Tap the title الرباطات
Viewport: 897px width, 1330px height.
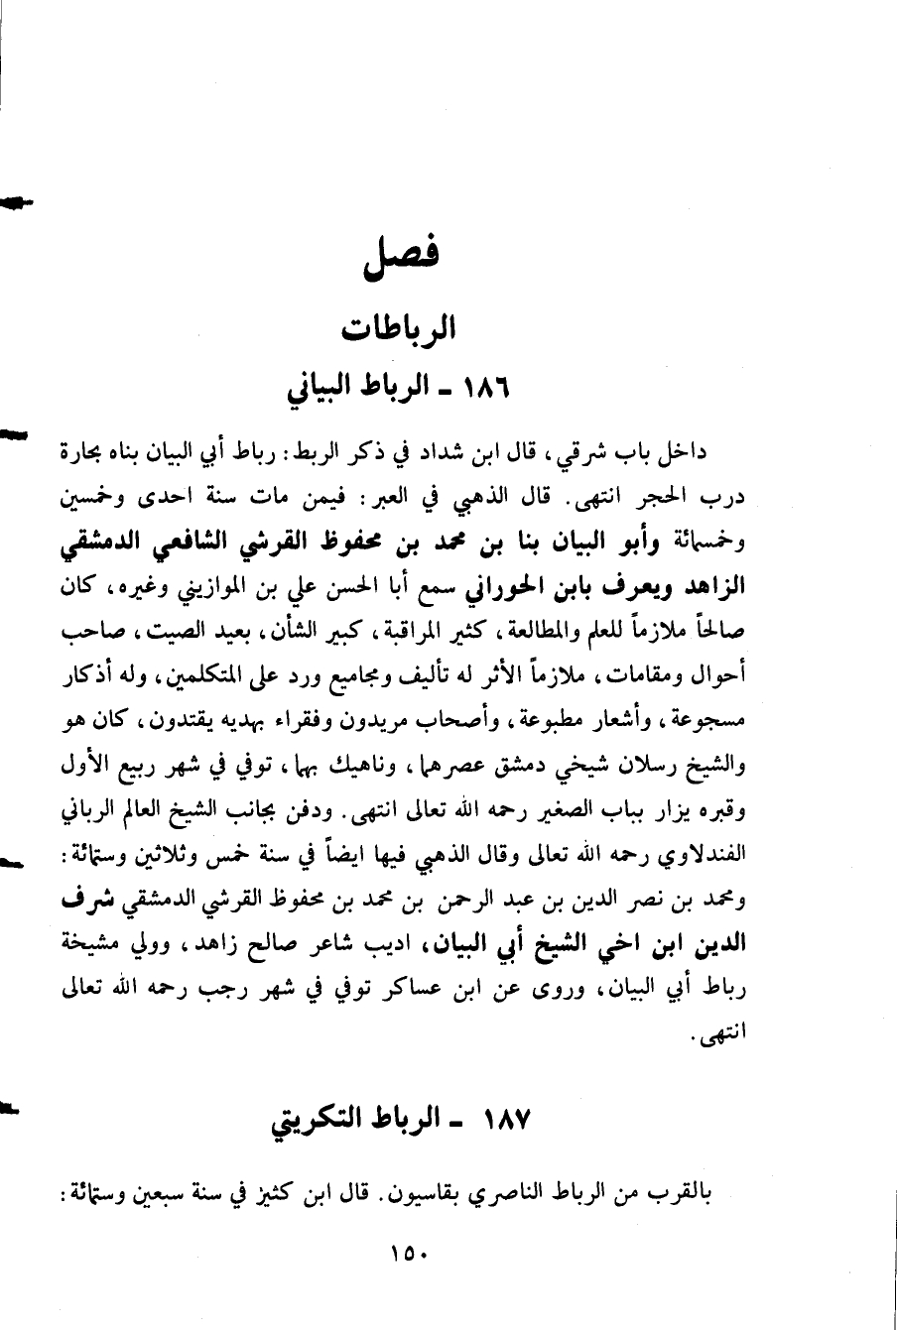point(399,327)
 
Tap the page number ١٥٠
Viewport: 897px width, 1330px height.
point(407,1255)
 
